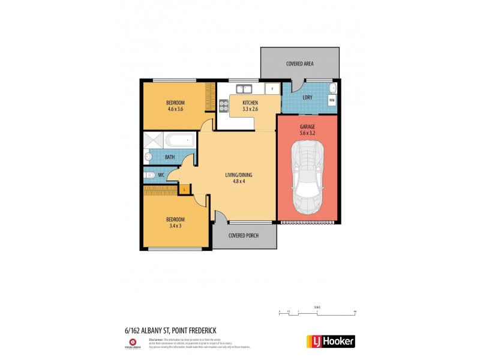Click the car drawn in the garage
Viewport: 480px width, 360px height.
pos(307,178)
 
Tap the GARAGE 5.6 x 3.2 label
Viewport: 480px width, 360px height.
pos(307,130)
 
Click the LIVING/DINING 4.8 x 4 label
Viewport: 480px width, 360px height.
pos(239,178)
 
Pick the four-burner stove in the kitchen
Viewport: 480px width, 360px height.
pos(224,106)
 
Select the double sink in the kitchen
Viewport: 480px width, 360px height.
pos(243,89)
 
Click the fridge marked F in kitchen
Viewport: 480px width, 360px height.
pos(272,89)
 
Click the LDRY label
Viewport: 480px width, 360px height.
pos(307,97)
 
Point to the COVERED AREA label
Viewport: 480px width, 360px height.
pos(299,64)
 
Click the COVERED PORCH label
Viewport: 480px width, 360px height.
pos(244,235)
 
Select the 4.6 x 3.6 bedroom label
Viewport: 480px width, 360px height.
pos(175,106)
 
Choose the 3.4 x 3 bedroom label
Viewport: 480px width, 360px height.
pos(175,222)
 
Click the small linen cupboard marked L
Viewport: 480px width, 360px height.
pos(184,189)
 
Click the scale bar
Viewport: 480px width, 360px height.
pos(317,312)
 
